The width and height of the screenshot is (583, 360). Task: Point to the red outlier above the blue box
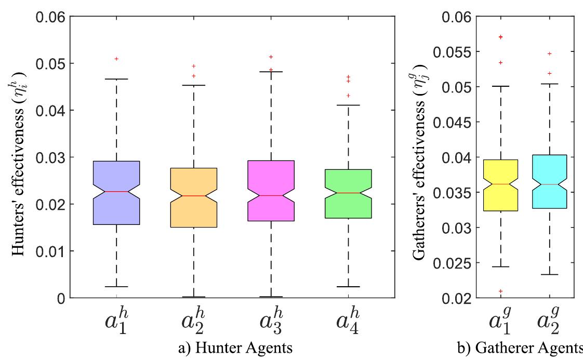click(116, 59)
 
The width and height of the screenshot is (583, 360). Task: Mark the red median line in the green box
click(348, 193)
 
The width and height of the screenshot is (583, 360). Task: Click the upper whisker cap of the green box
click(348, 105)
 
